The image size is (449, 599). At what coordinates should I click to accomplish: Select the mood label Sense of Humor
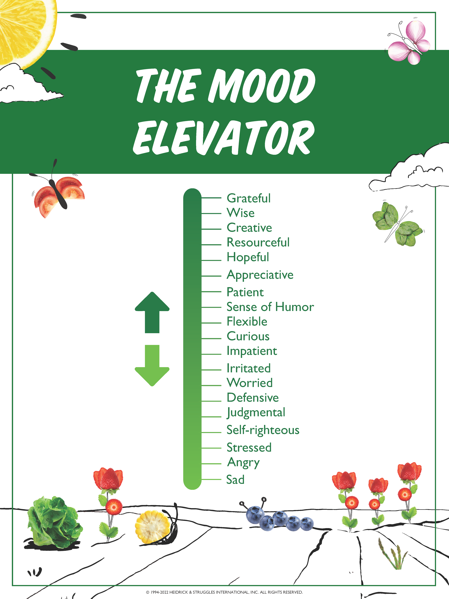click(x=270, y=307)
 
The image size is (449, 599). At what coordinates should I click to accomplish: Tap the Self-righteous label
click(x=263, y=430)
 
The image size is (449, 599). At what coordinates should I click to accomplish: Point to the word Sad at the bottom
click(x=235, y=480)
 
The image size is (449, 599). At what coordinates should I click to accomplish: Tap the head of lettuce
click(x=54, y=521)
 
